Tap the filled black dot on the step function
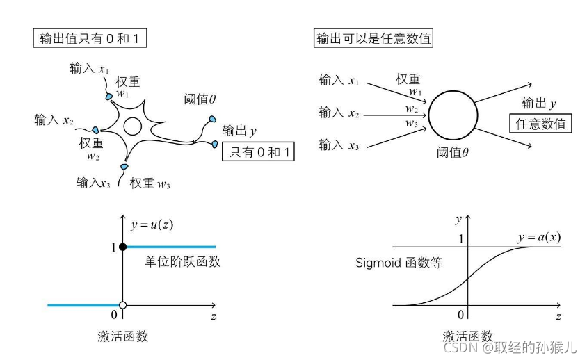click(x=123, y=247)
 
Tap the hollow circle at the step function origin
click(x=123, y=305)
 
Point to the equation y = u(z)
click(x=152, y=225)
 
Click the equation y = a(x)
click(x=539, y=237)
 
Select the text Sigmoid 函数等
click(x=399, y=263)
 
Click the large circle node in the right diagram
click(x=453, y=113)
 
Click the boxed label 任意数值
click(x=541, y=125)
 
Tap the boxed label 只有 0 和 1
click(x=257, y=152)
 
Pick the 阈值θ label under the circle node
click(x=453, y=152)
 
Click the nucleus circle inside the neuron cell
click(x=132, y=126)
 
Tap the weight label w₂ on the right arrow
click(x=412, y=109)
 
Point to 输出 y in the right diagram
click(x=539, y=104)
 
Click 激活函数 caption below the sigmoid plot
click(x=468, y=336)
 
